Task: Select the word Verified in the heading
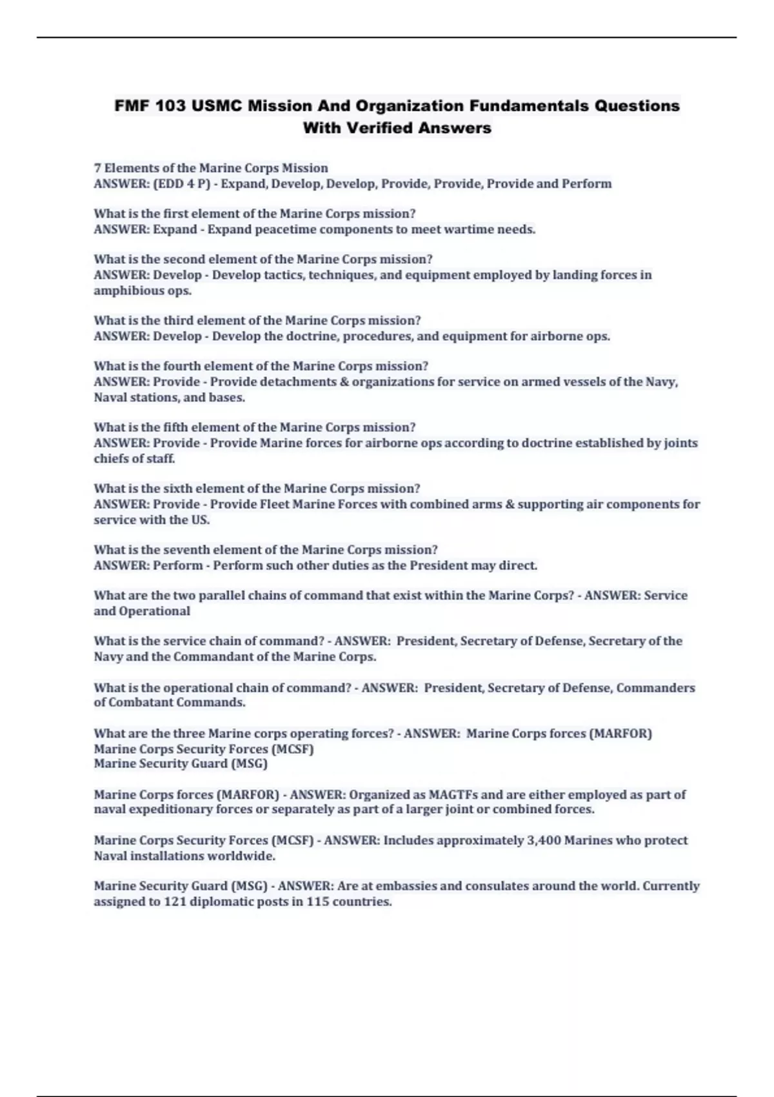(382, 128)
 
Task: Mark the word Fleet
(273, 505)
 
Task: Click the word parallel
(223, 596)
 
